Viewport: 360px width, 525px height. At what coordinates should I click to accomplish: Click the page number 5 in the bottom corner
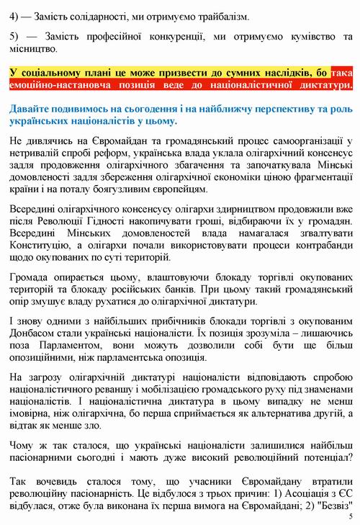pos(350,516)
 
